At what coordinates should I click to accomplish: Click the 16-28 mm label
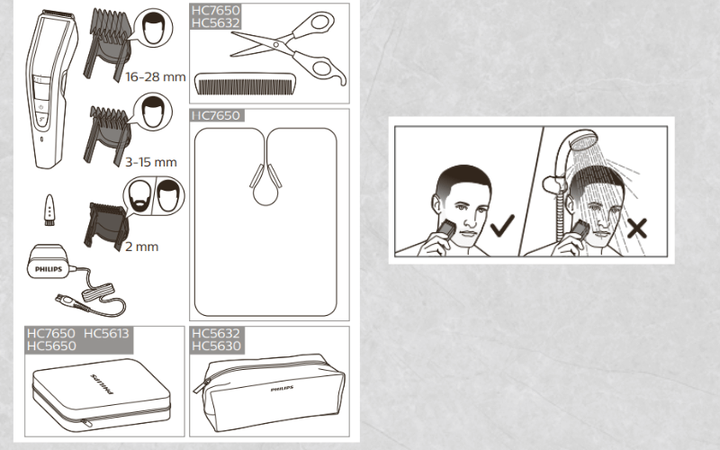tap(155, 76)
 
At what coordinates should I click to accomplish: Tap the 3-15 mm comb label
tap(151, 162)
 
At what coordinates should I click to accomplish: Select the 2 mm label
tap(142, 247)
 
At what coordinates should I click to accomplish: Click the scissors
tap(288, 49)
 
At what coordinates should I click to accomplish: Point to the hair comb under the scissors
tap(245, 84)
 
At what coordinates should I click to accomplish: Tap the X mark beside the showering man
tap(637, 229)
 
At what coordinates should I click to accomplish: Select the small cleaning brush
tap(49, 210)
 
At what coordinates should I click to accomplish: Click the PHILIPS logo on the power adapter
tap(49, 269)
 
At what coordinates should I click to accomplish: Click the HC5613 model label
tap(106, 333)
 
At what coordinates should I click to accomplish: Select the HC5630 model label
tap(216, 346)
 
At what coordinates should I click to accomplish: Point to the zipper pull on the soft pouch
tap(201, 386)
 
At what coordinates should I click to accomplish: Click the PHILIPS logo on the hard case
tap(102, 384)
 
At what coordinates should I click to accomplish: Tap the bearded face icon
tap(139, 195)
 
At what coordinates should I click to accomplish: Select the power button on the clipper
tap(40, 107)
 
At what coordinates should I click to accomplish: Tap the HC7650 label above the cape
tap(216, 115)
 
